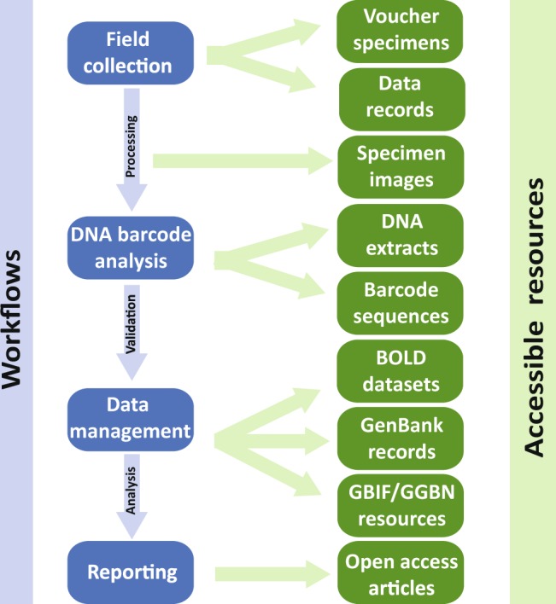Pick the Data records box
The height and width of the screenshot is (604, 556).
point(401,97)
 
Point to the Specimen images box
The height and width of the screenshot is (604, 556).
point(401,167)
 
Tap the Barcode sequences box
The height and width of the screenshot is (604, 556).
point(401,303)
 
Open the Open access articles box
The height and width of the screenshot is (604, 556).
point(401,574)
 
